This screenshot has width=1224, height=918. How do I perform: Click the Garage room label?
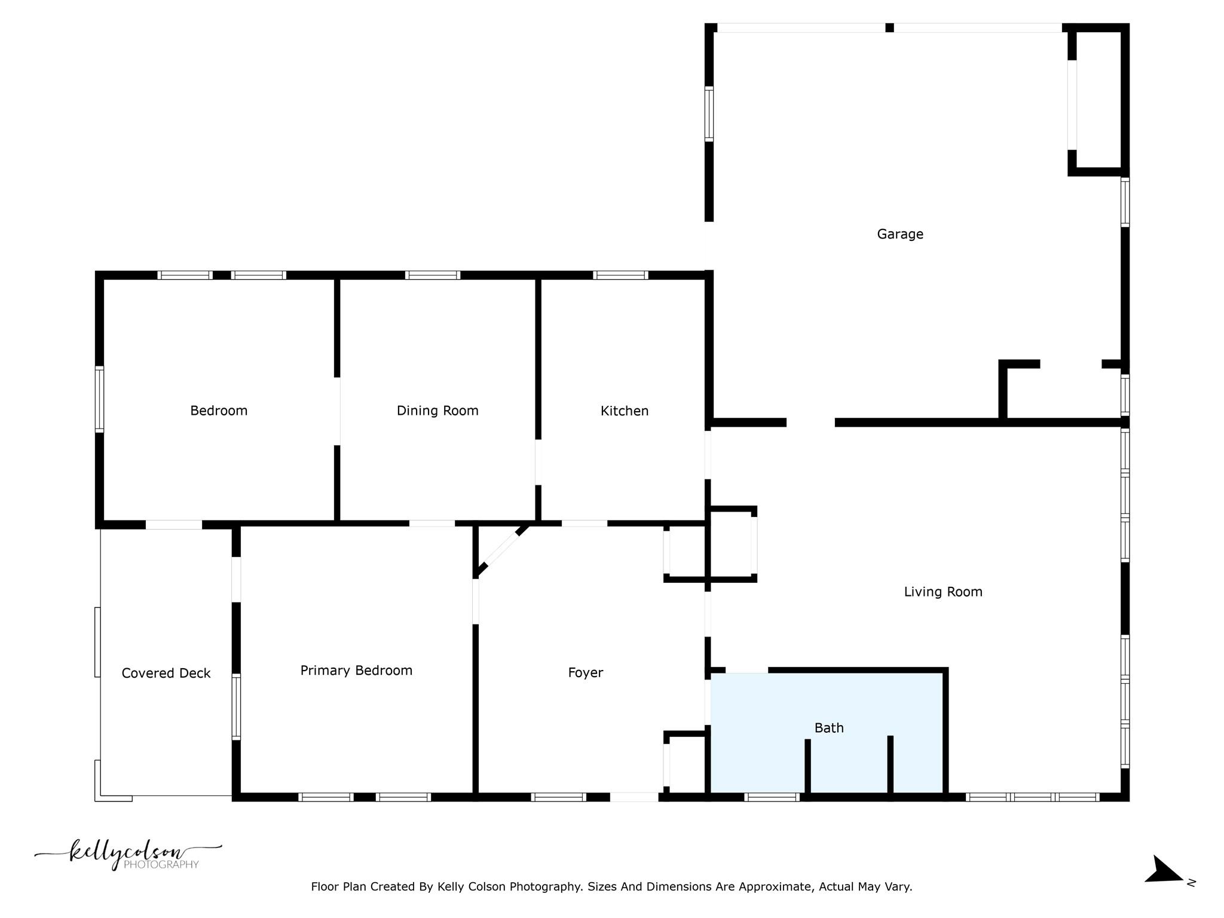[x=899, y=234]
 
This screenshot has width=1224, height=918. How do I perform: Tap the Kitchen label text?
[x=624, y=411]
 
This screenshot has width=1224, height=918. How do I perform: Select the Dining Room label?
[x=437, y=411]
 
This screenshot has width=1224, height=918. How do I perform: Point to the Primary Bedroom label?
[x=356, y=671]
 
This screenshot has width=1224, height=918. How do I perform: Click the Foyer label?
[x=585, y=673]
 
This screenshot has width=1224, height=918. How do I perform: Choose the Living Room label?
[x=943, y=592]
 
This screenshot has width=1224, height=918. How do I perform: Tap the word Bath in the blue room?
[x=828, y=728]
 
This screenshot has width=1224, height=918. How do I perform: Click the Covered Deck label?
[x=166, y=674]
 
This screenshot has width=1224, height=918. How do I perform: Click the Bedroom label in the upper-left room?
[x=219, y=411]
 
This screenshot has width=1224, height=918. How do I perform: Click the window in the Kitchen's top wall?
[x=620, y=276]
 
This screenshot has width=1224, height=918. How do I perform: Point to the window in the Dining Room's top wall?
[x=432, y=276]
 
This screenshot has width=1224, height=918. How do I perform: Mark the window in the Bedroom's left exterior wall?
[x=100, y=399]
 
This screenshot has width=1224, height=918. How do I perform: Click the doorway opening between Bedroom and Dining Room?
[x=338, y=411]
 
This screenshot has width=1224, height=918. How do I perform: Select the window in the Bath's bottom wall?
[x=772, y=797]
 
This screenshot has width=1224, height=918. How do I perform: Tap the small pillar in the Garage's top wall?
[x=889, y=27]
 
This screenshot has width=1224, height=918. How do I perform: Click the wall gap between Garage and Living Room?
[x=810, y=423]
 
